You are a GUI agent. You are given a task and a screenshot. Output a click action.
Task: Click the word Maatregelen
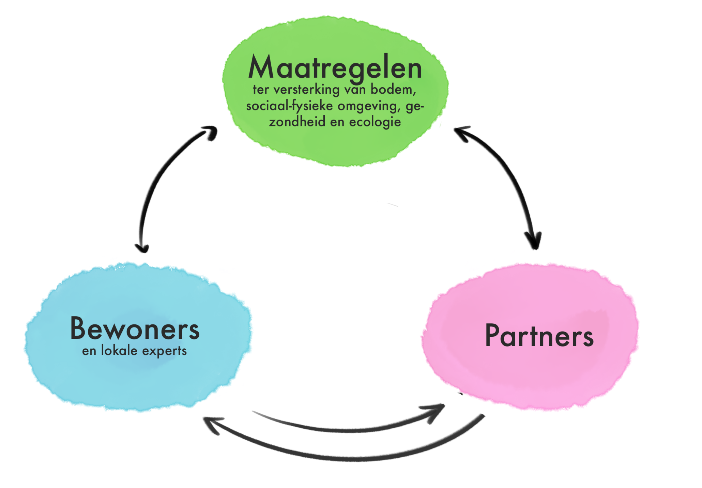point(335,67)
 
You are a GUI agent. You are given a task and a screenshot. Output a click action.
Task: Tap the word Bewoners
point(135,329)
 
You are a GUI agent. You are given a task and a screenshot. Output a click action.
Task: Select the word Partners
point(539,336)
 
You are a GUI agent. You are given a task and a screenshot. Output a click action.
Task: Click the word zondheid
point(297,122)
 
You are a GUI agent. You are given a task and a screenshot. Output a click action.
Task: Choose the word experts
point(164,351)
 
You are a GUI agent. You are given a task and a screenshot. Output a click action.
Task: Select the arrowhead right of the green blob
point(461,131)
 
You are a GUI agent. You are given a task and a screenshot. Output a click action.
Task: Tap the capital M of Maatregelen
point(261,67)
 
